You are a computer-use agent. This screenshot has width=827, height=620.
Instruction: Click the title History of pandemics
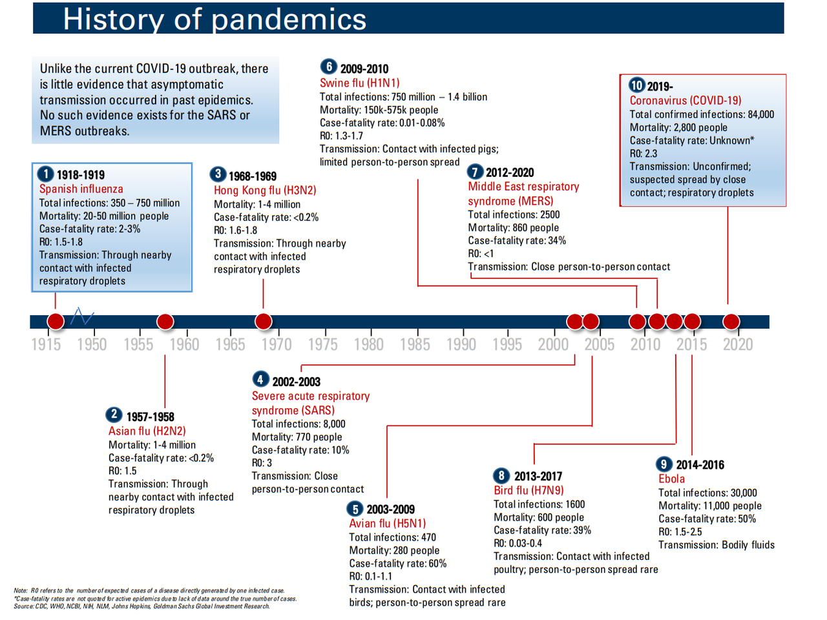pyautogui.click(x=215, y=19)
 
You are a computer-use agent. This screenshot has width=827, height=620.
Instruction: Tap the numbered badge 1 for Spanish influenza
pyautogui.click(x=46, y=174)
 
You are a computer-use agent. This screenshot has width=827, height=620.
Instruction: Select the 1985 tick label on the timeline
pyautogui.click(x=414, y=344)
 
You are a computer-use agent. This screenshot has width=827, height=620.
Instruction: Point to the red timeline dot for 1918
pyautogui.click(x=56, y=322)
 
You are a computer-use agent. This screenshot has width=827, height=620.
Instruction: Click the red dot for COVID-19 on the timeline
pyautogui.click(x=731, y=322)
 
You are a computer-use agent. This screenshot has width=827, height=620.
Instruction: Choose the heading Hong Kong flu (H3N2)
pyautogui.click(x=265, y=190)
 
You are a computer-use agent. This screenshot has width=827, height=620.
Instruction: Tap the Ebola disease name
pyautogui.click(x=671, y=479)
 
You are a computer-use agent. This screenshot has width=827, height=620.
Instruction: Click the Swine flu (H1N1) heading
pyautogui.click(x=359, y=83)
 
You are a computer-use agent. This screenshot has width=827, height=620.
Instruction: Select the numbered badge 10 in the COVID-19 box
pyautogui.click(x=636, y=85)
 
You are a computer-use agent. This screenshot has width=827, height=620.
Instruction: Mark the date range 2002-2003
pyautogui.click(x=296, y=382)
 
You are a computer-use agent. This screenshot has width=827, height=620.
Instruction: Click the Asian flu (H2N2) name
pyautogui.click(x=147, y=431)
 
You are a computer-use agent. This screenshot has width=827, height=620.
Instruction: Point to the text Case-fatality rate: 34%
pyautogui.click(x=517, y=240)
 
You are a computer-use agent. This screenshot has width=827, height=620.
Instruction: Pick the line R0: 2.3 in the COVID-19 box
pyautogui.click(x=643, y=154)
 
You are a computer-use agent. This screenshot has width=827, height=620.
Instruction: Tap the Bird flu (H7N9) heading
pyautogui.click(x=529, y=490)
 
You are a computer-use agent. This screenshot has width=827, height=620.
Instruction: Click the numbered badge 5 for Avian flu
pyautogui.click(x=355, y=509)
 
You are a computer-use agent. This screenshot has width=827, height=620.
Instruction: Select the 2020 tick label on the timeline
pyautogui.click(x=737, y=344)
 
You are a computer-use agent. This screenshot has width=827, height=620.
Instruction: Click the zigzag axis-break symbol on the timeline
pyautogui.click(x=82, y=316)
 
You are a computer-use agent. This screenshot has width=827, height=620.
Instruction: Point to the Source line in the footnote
pyautogui.click(x=141, y=606)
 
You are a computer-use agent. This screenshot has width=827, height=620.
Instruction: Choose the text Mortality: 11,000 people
pyautogui.click(x=710, y=506)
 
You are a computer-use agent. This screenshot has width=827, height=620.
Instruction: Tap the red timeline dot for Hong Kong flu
pyautogui.click(x=263, y=322)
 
